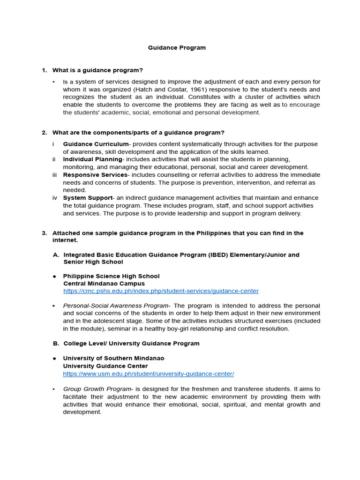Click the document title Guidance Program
[177, 48]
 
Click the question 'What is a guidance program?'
[97, 70]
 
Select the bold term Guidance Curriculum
[96, 144]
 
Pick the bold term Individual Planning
[92, 159]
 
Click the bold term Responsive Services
[95, 175]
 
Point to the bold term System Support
[88, 198]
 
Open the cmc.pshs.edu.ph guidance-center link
[161, 291]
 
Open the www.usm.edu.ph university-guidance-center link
[149, 374]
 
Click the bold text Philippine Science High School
[111, 276]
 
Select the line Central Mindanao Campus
[104, 284]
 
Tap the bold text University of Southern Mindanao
[113, 359]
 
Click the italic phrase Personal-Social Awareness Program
[116, 306]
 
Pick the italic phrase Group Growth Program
[97, 389]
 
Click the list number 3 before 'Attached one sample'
[44, 233]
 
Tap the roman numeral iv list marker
[55, 198]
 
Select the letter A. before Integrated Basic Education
[56, 255]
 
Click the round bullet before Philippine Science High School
[55, 276]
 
